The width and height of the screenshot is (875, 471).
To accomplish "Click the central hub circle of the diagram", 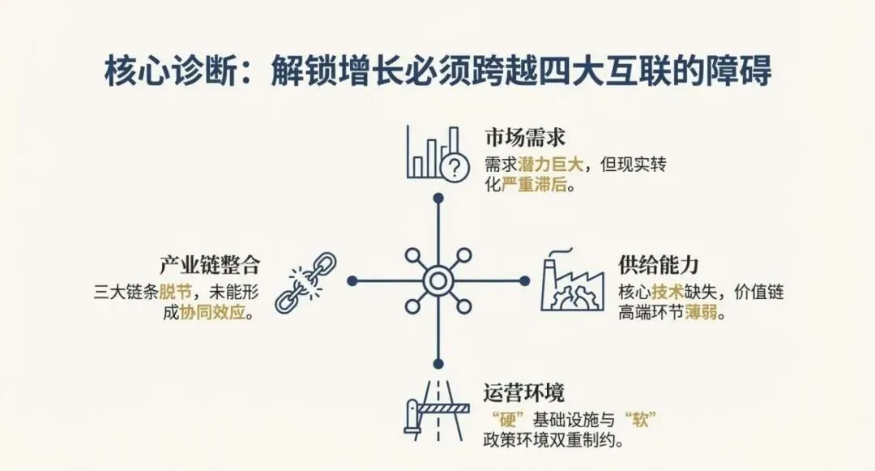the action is coord(437,281).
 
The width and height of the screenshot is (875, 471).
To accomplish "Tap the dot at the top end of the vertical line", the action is coord(437,197).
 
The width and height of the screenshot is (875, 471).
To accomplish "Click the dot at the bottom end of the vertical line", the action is coord(437,364).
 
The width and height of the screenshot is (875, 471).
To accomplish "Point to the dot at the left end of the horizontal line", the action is coord(352,281).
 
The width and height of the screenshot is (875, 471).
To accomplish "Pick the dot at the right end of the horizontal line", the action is coord(523,281).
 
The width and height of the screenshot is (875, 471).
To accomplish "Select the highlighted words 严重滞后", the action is coord(535,184).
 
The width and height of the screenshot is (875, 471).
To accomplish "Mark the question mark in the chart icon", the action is coord(455,167).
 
